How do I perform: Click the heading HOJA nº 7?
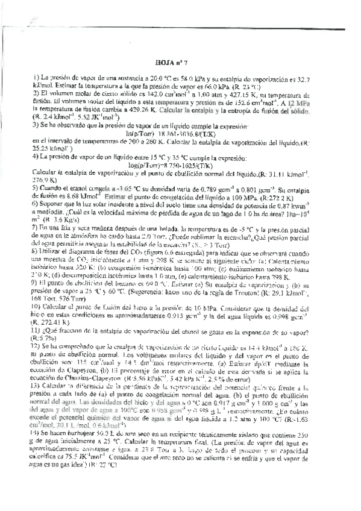172,61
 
